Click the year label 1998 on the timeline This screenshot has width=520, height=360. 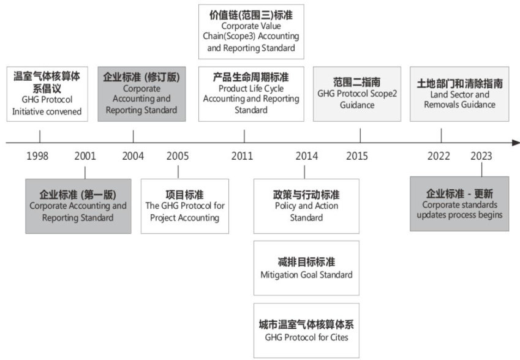click(38, 156)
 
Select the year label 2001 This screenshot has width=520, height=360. click(85, 156)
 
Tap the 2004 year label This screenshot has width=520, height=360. click(133, 156)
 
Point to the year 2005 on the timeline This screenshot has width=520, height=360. click(178, 156)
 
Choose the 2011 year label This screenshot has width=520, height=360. click(243, 156)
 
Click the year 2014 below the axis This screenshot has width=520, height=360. click(306, 156)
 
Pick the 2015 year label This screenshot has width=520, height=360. click(357, 156)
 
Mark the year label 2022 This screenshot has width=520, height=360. click(439, 156)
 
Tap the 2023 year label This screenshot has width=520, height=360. click(481, 156)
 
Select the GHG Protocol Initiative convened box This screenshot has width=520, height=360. click(47, 94)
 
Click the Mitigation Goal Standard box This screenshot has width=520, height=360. click(306, 268)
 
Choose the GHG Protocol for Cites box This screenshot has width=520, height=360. click(306, 331)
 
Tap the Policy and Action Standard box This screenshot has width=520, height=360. click(306, 206)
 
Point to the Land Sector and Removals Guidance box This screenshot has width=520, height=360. click(460, 94)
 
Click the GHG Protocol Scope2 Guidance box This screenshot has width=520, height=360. click(357, 94)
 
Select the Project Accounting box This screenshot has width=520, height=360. click(185, 206)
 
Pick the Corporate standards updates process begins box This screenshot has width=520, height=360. click(459, 204)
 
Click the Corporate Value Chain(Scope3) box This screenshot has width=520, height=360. click(251, 31)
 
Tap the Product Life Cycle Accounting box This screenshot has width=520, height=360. click(251, 94)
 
